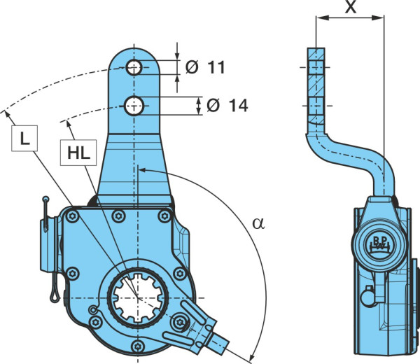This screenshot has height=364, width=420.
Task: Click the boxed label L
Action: [x=24, y=138]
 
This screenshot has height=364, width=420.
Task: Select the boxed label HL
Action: [x=78, y=153]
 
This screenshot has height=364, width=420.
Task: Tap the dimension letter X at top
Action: [x=351, y=7]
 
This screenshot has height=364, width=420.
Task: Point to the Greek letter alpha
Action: [x=258, y=223]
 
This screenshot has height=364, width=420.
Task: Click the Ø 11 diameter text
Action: [x=205, y=67]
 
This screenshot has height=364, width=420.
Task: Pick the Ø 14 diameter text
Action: [x=227, y=106]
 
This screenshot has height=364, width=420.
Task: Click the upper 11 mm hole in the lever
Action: [x=134, y=67]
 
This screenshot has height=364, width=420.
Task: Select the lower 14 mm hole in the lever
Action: [x=134, y=106]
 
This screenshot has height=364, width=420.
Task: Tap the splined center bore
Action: [x=138, y=297]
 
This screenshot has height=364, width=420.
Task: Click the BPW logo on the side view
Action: [x=379, y=244]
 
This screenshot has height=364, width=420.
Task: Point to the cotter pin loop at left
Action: [x=55, y=296]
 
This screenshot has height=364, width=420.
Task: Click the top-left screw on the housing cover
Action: [x=72, y=216]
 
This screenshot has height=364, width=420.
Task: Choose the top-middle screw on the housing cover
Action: [x=118, y=216]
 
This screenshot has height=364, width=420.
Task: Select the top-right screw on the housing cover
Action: [x=164, y=216]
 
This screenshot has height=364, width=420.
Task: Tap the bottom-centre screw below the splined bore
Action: [x=138, y=346]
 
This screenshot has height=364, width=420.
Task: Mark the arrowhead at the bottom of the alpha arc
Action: [x=252, y=356]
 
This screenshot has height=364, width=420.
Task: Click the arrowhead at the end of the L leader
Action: [x=7, y=114]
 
